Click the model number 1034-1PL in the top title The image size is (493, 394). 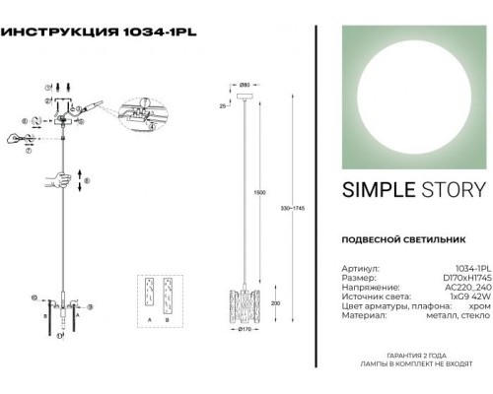tap(159, 31)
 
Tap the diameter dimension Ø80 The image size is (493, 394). tap(244, 90)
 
